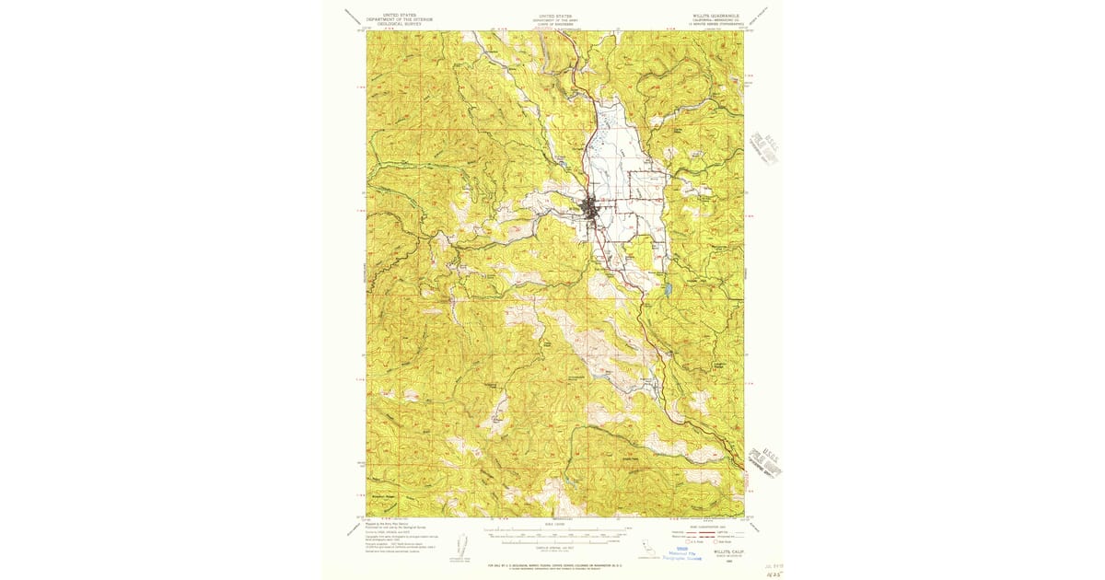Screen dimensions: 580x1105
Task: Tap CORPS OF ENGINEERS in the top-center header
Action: (x=554, y=25)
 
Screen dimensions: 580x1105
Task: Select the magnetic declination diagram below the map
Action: (x=460, y=544)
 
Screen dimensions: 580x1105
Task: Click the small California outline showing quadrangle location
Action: (x=650, y=543)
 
